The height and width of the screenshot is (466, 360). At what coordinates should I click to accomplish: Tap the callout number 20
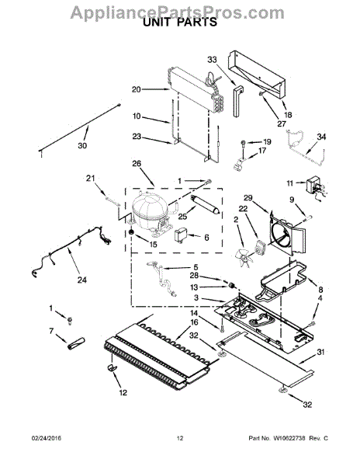pyautogui.click(x=137, y=89)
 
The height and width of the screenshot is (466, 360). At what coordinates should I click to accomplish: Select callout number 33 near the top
pyautogui.click(x=213, y=59)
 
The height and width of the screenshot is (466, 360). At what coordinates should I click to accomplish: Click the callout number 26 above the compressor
pyautogui.click(x=137, y=164)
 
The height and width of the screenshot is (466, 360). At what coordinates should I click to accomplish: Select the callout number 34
pyautogui.click(x=323, y=137)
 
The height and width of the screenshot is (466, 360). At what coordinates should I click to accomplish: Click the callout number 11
pyautogui.click(x=291, y=183)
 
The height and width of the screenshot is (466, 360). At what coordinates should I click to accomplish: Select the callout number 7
pyautogui.click(x=51, y=332)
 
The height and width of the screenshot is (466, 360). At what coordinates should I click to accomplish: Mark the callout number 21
pyautogui.click(x=90, y=180)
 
